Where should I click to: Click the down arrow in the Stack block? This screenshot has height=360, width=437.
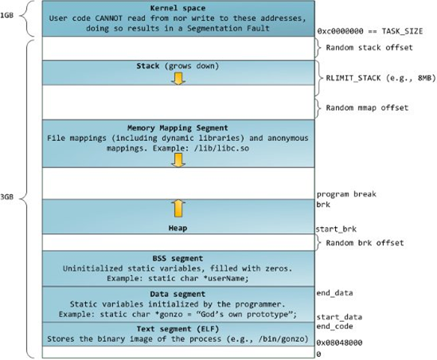180,77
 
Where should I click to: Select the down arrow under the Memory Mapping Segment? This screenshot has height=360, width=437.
180,158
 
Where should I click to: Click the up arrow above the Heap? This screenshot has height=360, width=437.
180,209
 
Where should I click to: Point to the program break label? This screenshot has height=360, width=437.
345,194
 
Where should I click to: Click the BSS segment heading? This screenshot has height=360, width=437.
179,257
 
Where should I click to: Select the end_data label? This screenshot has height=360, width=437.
334,293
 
